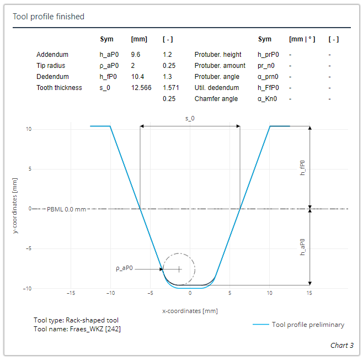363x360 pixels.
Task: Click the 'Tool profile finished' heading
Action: click(49, 17)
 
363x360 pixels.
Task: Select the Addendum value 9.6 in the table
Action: click(136, 55)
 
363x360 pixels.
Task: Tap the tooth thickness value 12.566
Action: click(141, 87)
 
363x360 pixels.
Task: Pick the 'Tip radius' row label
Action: click(51, 66)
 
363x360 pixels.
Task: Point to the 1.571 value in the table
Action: click(170, 87)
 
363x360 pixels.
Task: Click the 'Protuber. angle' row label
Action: click(217, 77)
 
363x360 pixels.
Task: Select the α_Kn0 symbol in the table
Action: click(267, 98)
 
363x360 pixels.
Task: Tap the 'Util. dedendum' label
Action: click(216, 87)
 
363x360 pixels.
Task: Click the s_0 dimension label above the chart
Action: click(190, 119)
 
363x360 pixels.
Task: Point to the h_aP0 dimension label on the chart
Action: click(302, 247)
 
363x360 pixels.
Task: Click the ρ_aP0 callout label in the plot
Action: click(125, 269)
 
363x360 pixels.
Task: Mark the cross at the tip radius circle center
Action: click(179, 269)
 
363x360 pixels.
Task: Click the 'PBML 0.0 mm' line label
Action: click(67, 209)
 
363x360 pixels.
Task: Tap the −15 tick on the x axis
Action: click(71, 293)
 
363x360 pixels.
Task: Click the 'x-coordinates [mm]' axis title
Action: click(190, 311)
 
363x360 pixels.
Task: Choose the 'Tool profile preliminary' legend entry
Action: click(307, 325)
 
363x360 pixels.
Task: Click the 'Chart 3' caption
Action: click(342, 345)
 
